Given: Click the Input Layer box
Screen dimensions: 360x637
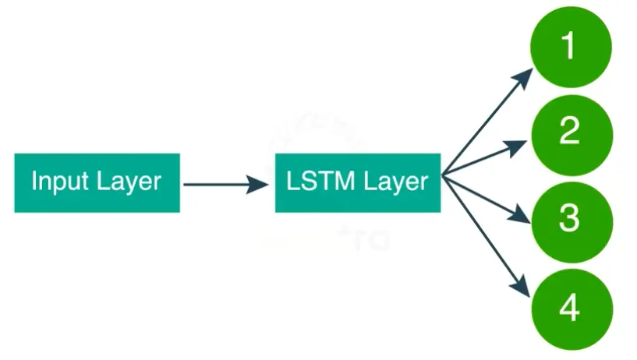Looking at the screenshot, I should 97,182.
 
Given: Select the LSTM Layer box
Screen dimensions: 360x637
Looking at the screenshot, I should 358,182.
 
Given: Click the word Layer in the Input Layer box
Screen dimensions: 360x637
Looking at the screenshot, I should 129,182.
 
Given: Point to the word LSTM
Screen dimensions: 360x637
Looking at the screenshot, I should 316,182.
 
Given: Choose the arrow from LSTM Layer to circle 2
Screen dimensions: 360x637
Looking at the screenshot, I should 483,159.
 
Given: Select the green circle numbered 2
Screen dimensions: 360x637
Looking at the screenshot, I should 570,132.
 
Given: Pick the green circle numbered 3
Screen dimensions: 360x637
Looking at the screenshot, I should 570,220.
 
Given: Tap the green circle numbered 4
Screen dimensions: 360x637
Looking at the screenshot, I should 570,309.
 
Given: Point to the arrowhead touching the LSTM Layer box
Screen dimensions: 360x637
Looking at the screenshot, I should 258,185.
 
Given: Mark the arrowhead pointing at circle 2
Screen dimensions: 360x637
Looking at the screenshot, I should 522,145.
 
